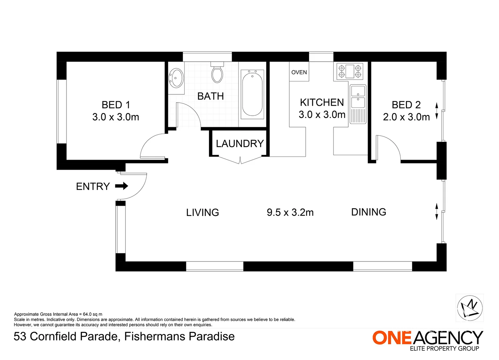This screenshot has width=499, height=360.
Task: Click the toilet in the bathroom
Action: (x=217, y=72)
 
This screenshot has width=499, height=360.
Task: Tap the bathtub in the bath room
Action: (x=252, y=94)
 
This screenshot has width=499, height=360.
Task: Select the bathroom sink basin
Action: (x=176, y=78)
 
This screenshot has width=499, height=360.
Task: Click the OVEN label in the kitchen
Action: (x=299, y=72)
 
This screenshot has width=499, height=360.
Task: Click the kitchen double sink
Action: (x=358, y=104)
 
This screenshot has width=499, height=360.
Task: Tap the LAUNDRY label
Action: (x=240, y=143)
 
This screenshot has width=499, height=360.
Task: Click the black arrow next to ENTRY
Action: (x=121, y=186)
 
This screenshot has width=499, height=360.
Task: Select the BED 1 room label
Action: (x=116, y=105)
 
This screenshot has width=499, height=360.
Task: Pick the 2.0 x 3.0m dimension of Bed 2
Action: (x=406, y=117)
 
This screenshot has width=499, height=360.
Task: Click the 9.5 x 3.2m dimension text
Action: (x=290, y=212)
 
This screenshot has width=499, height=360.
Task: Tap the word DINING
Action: (x=369, y=212)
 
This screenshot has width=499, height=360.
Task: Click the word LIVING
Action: (x=202, y=213)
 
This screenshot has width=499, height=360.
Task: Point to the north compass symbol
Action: (x=470, y=308)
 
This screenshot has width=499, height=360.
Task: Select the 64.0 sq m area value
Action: (x=92, y=314)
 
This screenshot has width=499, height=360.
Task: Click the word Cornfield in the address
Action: (x=53, y=336)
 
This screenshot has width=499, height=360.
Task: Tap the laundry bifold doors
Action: (x=240, y=160)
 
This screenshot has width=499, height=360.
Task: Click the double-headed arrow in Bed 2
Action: (x=437, y=111)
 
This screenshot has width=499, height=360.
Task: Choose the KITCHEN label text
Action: (x=322, y=102)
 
